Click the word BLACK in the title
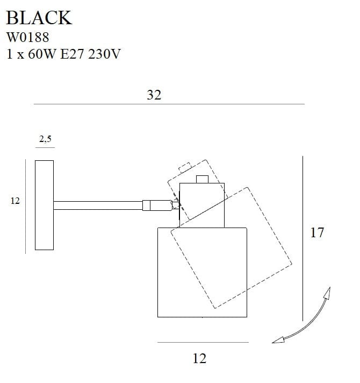[38, 18]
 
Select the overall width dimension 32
[154, 95]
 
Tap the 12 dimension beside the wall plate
[15, 201]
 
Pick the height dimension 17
[317, 233]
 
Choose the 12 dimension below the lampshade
[199, 358]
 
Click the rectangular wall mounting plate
[44, 205]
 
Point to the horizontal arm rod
[97, 205]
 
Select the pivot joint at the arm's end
[175, 204]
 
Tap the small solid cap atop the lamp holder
[202, 179]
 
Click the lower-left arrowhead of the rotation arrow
[278, 339]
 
